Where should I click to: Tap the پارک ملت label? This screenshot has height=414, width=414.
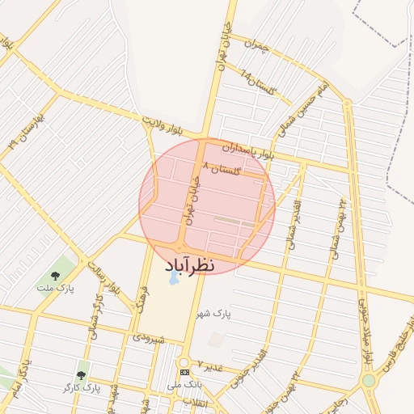coord(55,287)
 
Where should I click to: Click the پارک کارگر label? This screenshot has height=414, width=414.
coord(81,388)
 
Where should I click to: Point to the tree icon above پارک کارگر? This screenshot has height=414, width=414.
coord(81,375)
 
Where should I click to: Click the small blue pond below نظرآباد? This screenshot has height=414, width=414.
coord(173,281)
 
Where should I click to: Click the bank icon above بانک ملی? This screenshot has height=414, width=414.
coord(185,371)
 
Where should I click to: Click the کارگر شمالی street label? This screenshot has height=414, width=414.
coord(98,319)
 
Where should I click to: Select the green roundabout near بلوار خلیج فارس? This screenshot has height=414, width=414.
coord(369,379)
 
